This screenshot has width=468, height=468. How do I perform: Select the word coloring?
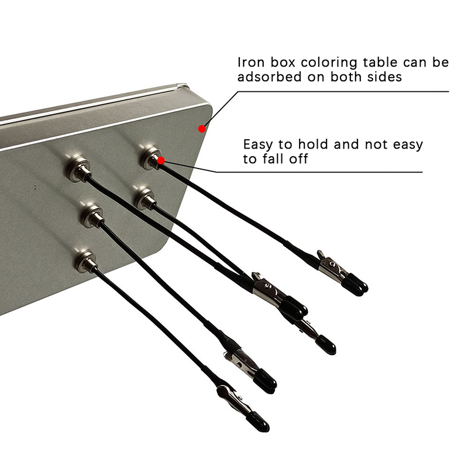point(328,63)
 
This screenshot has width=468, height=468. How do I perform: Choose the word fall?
point(273,159)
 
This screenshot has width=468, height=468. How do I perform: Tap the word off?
point(298,159)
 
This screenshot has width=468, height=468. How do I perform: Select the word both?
point(345,77)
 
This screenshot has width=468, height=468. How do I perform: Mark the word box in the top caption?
point(283,63)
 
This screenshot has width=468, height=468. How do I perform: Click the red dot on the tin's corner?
point(202,129)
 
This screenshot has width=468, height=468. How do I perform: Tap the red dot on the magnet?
point(161,160)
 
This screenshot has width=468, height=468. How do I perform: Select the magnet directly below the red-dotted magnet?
point(145,198)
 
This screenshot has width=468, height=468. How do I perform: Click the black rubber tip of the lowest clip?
point(257,421)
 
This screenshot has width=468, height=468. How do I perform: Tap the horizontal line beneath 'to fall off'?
point(319,172)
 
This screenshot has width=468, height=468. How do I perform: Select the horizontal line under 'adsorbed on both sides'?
point(343,92)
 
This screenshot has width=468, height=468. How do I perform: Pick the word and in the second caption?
point(346,144)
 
